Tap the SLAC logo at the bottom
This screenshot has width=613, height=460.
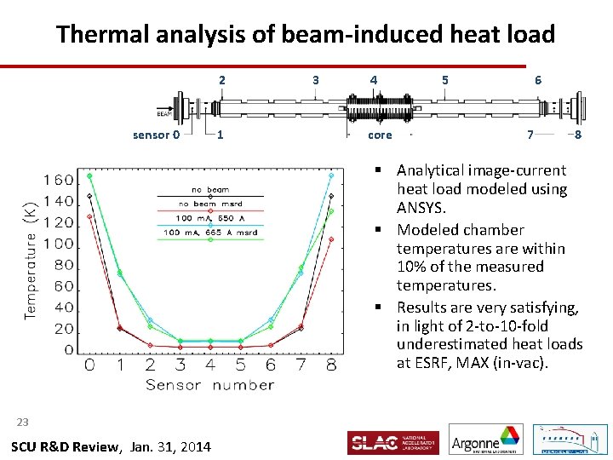coord(392,442)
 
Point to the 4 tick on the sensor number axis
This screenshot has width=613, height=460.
coord(210,365)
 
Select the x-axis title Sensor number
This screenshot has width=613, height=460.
coord(209,385)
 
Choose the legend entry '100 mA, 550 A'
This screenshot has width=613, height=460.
coord(210,218)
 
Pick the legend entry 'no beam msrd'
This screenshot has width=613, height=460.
coord(210,204)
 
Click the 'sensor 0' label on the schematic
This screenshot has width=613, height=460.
coord(156,135)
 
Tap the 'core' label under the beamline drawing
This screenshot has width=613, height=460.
coord(380,135)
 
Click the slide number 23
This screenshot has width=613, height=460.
coord(22,422)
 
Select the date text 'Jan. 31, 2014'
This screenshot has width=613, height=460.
coord(171,447)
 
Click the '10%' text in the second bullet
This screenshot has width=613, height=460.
coord(413,267)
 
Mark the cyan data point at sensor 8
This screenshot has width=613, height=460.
coord(331,175)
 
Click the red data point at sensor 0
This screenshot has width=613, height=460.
coord(89,216)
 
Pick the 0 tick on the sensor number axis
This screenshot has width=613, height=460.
coord(89,365)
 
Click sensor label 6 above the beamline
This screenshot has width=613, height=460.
coord(538,80)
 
